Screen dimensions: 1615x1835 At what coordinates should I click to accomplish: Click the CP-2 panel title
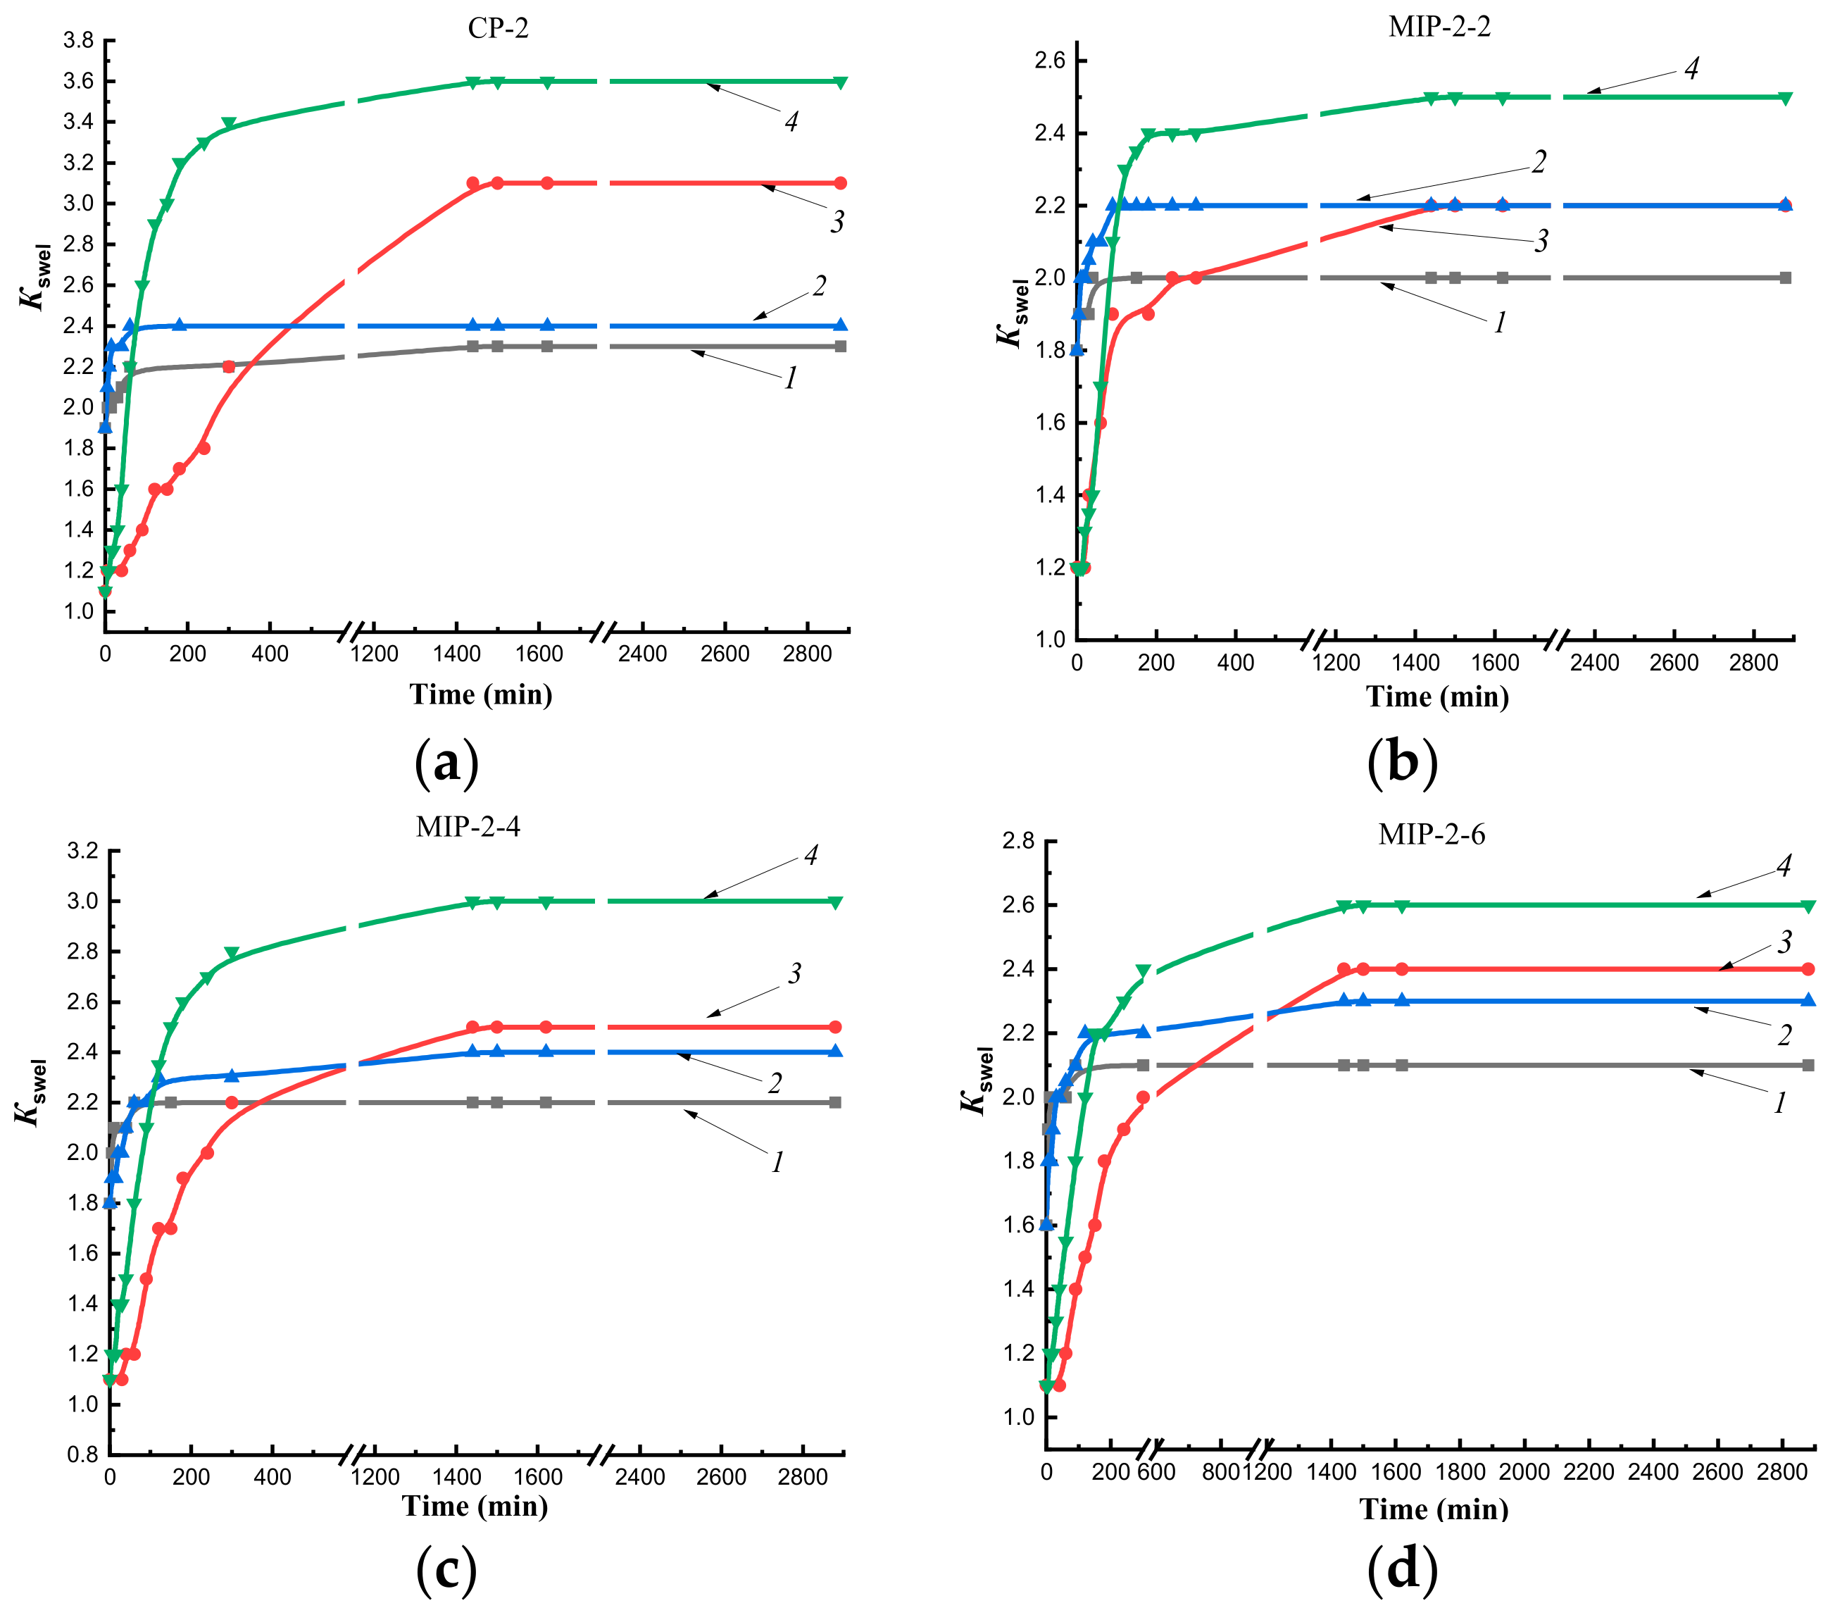pyautogui.click(x=499, y=29)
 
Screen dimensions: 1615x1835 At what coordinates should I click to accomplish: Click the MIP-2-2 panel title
pyautogui.click(x=1439, y=27)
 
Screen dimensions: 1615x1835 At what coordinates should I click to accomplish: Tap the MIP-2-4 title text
pyautogui.click(x=468, y=826)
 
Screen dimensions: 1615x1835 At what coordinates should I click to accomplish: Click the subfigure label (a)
pyautogui.click(x=446, y=763)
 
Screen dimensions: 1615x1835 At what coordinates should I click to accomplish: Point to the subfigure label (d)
pyautogui.click(x=1401, y=1569)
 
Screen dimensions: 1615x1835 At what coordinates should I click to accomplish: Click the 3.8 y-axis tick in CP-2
pyautogui.click(x=78, y=40)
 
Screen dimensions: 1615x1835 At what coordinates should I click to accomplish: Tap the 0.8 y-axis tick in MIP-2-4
pyautogui.click(x=82, y=1454)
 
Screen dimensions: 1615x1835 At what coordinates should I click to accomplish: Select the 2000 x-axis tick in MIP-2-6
pyautogui.click(x=1524, y=1472)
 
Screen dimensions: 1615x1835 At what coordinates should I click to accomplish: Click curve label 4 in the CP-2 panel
pyautogui.click(x=791, y=122)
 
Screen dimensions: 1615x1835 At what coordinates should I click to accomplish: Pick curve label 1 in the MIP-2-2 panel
pyautogui.click(x=1499, y=323)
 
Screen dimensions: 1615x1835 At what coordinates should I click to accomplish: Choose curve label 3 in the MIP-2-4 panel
pyautogui.click(x=794, y=974)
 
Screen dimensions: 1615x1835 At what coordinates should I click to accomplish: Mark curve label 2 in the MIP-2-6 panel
pyautogui.click(x=1784, y=1035)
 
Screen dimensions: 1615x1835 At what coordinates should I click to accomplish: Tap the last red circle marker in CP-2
pyautogui.click(x=840, y=183)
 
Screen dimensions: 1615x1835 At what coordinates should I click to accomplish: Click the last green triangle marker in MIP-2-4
pyautogui.click(x=835, y=902)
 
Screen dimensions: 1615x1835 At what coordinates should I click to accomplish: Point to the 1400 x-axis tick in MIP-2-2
pyautogui.click(x=1416, y=663)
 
